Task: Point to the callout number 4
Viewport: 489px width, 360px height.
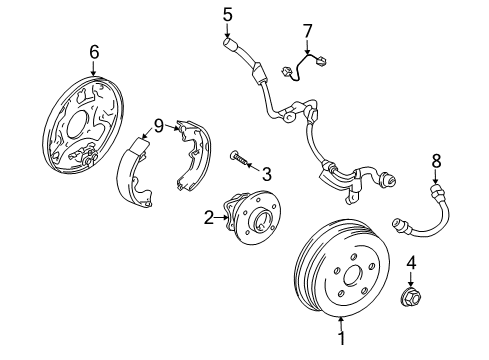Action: [x=411, y=264]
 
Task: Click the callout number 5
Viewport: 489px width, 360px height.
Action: [x=227, y=14]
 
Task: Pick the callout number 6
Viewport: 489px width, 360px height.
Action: [x=94, y=51]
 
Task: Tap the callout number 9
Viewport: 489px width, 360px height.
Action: [x=159, y=126]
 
